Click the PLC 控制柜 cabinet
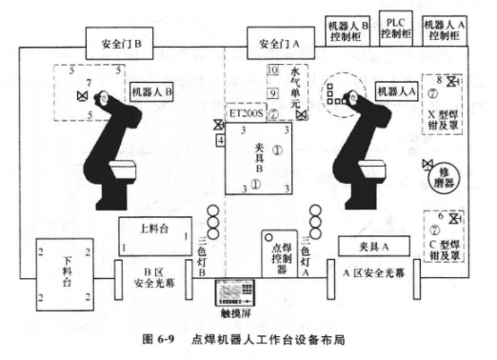click(x=393, y=26)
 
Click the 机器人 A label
click(x=395, y=91)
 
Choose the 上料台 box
click(x=152, y=231)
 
